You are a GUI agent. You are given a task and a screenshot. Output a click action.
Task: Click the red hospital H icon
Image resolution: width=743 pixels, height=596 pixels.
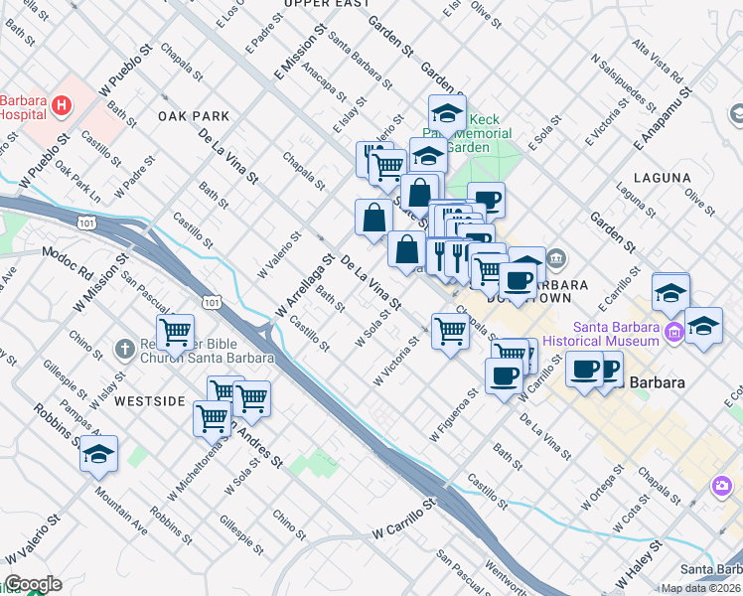click(63, 104)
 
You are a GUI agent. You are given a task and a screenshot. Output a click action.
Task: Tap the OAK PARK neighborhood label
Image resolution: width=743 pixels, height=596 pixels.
click(194, 116)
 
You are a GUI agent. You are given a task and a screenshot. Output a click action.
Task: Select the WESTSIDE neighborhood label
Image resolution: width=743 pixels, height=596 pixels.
click(149, 401)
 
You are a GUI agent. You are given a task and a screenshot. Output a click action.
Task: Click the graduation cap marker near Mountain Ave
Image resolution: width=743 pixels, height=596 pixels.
click(98, 454)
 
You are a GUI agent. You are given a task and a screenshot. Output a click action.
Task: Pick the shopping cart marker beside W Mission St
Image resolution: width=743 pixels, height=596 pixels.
click(175, 333)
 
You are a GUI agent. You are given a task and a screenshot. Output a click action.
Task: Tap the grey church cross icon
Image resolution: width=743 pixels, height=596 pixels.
click(124, 349)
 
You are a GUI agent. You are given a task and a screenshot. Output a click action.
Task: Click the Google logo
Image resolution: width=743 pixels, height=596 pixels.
click(32, 584)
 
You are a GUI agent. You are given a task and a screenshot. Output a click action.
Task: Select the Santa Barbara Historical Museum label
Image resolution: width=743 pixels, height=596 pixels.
click(615, 335)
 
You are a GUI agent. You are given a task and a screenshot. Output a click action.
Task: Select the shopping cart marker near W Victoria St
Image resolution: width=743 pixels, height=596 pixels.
click(450, 332)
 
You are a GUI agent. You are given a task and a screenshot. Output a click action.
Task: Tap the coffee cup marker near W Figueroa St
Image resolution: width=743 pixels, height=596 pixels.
click(504, 374)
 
